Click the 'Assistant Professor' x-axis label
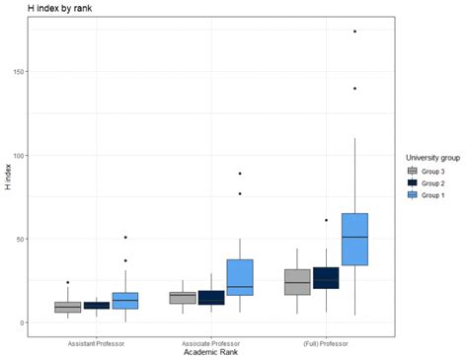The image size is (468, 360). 97,342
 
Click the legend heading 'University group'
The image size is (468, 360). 435,158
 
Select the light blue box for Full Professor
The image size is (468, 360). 354,239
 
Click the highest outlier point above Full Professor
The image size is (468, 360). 354,32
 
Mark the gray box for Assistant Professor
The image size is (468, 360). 68,307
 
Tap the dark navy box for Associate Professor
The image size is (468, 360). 211,297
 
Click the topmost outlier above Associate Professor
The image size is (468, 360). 240,174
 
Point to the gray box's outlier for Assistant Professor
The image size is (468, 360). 68,282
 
